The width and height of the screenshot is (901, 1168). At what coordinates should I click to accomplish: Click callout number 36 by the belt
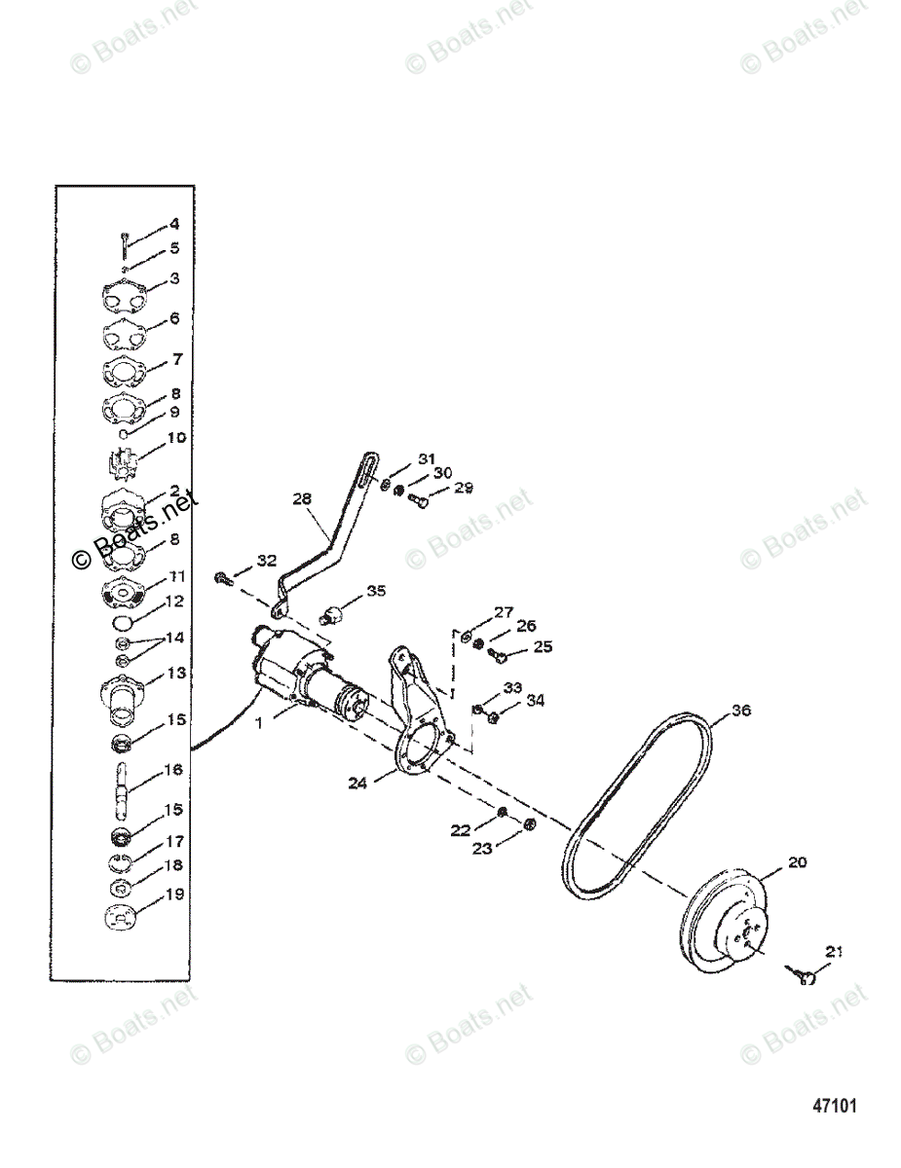[741, 712]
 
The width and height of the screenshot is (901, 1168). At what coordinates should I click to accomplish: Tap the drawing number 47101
[835, 1106]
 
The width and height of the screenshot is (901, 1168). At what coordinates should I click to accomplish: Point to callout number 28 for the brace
[302, 499]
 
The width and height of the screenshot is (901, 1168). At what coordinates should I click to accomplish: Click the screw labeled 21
[805, 976]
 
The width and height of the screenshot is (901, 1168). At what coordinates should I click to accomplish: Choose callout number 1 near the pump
[259, 724]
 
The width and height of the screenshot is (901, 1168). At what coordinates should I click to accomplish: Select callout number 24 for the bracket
[357, 781]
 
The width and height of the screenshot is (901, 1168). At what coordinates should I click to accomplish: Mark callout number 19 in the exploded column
[174, 894]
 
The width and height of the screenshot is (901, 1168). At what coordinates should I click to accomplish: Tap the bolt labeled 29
[421, 501]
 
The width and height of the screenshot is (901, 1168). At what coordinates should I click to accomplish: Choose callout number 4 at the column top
[174, 223]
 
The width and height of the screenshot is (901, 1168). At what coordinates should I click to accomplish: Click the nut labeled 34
[494, 718]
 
